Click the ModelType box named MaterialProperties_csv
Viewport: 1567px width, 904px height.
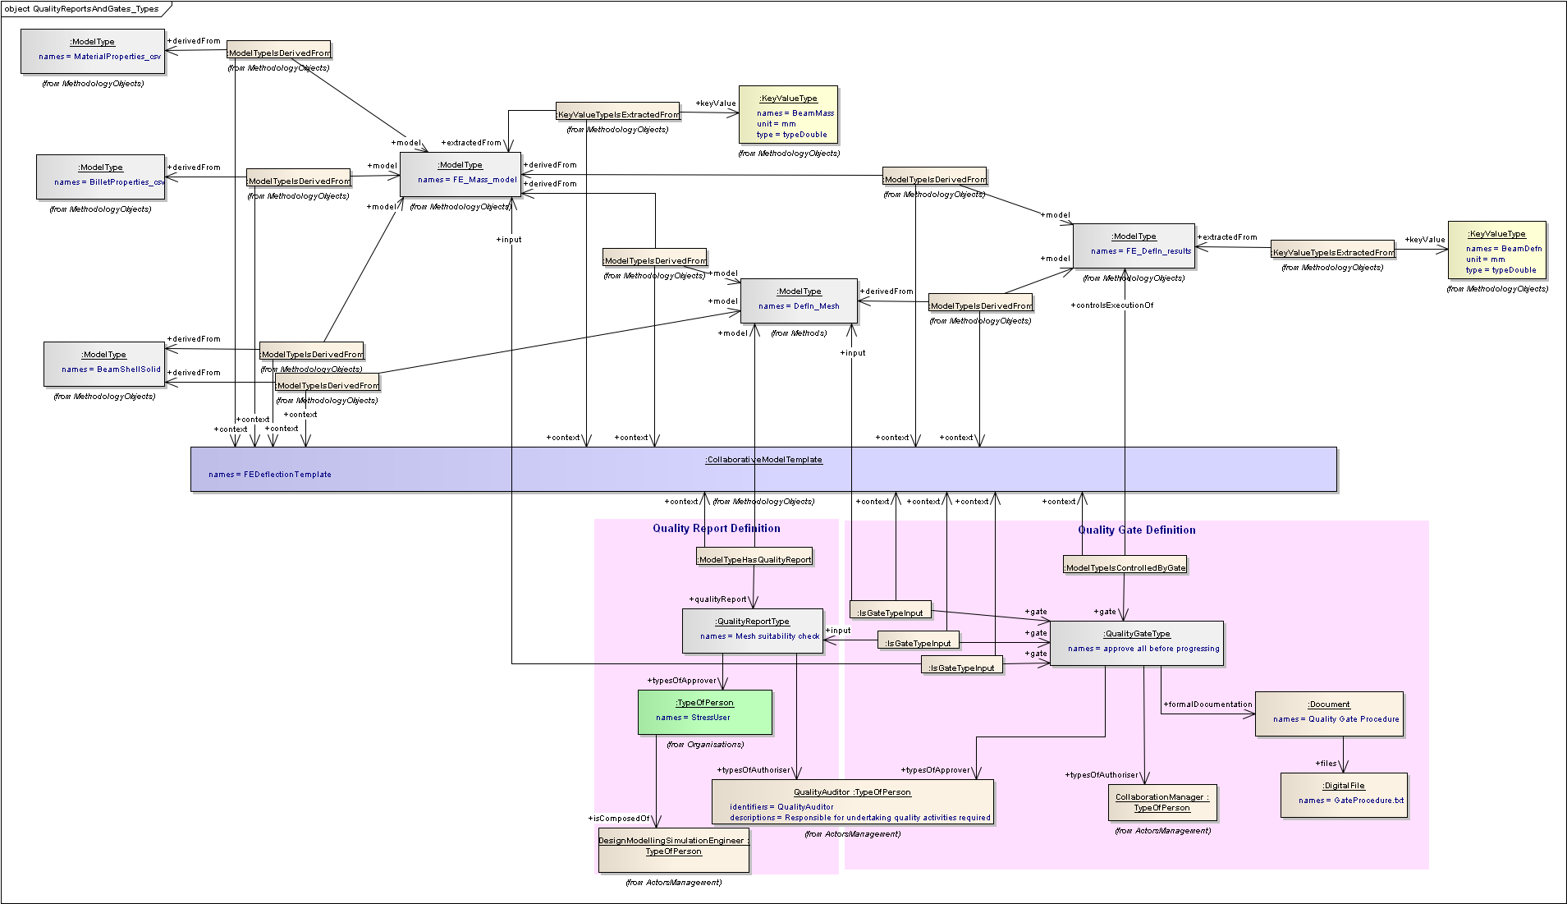pos(93,52)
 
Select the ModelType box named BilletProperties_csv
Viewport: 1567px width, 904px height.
pos(101,177)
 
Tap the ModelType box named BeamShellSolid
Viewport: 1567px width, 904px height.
pos(104,364)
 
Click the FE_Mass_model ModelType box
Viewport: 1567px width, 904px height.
pos(460,174)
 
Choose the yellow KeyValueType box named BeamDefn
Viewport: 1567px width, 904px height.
pos(1496,250)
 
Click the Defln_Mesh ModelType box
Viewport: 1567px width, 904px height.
pos(799,301)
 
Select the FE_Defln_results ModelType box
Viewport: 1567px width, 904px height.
pos(1134,246)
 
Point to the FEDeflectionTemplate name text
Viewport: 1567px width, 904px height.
pos(270,475)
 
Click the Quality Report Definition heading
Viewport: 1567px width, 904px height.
pos(716,529)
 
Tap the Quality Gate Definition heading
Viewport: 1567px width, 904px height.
pos(1136,530)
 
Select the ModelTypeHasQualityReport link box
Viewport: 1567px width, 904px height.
pos(754,558)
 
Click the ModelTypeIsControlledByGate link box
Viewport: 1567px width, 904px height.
pos(1125,566)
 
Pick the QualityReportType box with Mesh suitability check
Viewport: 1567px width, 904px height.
pos(752,631)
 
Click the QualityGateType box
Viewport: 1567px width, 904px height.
pos(1136,643)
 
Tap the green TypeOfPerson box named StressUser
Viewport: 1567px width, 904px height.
pos(704,712)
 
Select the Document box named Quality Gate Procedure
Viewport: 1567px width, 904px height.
pos(1329,714)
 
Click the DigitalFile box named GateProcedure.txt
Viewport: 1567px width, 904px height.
pos(1344,795)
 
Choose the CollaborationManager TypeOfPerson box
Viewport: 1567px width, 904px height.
pos(1162,802)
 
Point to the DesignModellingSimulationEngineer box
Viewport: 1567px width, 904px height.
pos(673,850)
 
